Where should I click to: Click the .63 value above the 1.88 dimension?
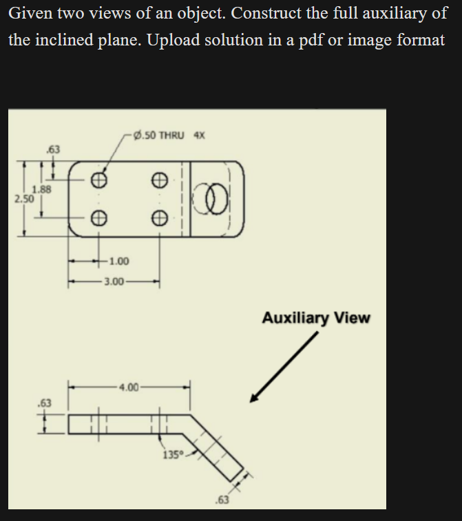pyautogui.click(x=52, y=149)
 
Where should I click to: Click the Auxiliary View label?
pyautogui.click(x=316, y=318)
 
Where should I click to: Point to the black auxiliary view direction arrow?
pyautogui.click(x=284, y=368)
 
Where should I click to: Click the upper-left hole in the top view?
pyautogui.click(x=100, y=180)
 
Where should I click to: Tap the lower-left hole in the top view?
pyautogui.click(x=100, y=217)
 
